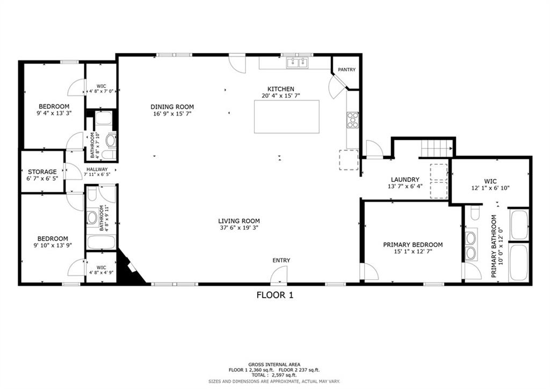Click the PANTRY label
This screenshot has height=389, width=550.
(346, 69)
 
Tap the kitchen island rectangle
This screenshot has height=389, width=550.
(287, 117)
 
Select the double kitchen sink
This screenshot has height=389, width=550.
(297, 63)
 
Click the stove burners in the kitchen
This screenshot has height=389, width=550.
(352, 119)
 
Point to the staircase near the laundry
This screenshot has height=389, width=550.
(436, 147)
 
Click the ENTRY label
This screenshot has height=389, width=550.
(281, 260)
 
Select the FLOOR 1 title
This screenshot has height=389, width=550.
(274, 295)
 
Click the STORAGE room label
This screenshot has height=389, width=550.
(42, 172)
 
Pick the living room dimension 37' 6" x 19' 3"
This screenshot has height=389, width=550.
(239, 228)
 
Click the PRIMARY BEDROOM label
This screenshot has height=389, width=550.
(412, 245)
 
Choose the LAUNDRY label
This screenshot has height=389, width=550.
(405, 180)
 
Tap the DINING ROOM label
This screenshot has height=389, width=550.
(172, 107)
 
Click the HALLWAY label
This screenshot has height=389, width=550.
(97, 169)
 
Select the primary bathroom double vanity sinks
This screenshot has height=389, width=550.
(471, 245)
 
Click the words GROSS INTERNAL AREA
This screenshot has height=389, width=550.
(274, 364)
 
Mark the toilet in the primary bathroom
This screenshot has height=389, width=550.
(474, 214)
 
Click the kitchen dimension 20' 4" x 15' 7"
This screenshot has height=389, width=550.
(281, 96)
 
